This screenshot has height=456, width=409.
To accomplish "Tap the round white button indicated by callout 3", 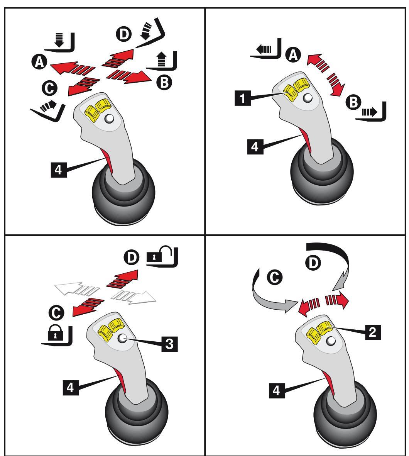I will (123, 339).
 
